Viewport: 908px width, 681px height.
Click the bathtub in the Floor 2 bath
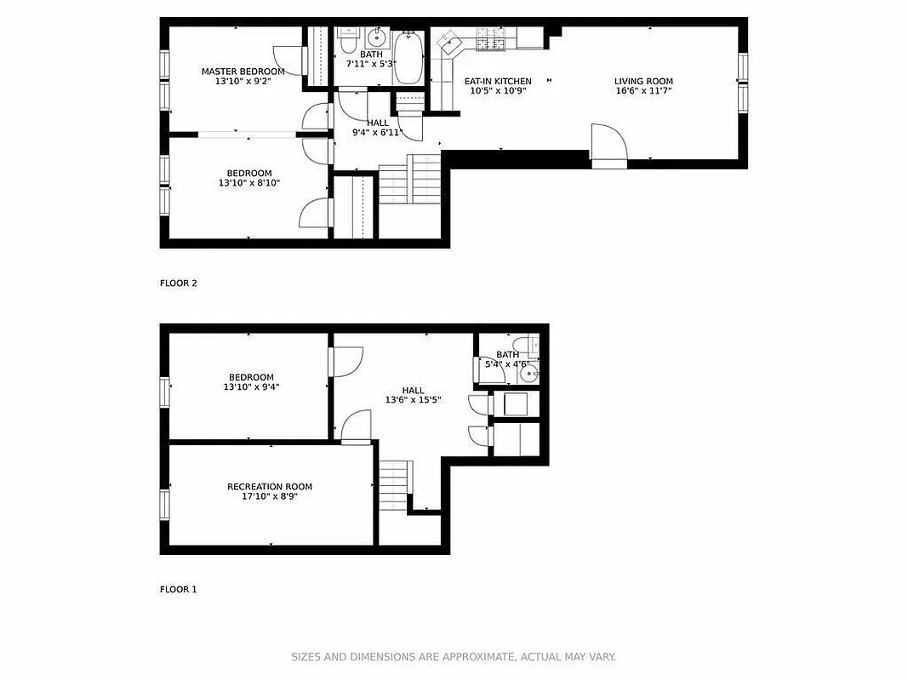[x=408, y=57]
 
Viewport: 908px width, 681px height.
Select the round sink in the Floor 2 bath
[x=376, y=39]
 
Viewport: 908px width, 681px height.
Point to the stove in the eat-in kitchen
[x=491, y=38]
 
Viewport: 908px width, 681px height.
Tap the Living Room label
[x=643, y=82]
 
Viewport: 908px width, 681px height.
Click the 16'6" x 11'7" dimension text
[x=643, y=91]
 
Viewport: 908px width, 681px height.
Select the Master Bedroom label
[x=243, y=72]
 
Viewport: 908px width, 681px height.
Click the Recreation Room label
[x=269, y=487]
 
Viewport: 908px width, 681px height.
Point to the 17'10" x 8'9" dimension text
[x=269, y=496]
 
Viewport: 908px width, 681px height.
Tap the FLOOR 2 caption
[x=178, y=283]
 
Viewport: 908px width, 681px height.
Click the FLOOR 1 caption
[x=178, y=589]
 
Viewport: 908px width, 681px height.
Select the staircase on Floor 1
[x=395, y=484]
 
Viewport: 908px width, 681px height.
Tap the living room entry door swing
[x=608, y=142]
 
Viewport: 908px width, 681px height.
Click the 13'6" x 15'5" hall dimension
[x=413, y=400]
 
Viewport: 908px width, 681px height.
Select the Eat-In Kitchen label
[x=497, y=82]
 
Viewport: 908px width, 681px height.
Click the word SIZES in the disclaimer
[x=306, y=657]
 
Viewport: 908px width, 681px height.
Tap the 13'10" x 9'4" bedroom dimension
[x=250, y=387]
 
